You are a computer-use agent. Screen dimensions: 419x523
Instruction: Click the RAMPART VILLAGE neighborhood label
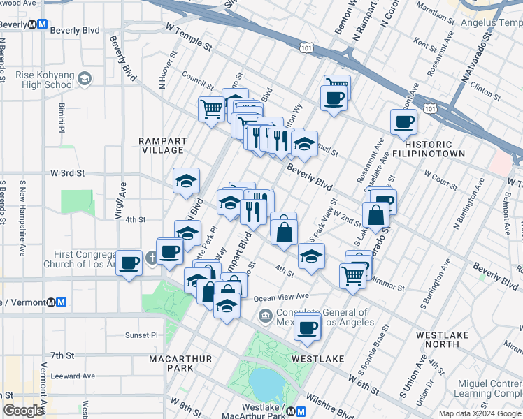[162, 145]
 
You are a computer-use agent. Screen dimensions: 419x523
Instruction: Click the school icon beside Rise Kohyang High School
[85, 78]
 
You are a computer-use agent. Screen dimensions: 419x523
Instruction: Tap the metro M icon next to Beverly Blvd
[42, 24]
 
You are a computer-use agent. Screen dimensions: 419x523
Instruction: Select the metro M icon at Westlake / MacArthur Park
[300, 411]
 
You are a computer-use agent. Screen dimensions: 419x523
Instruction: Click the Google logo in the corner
[23, 411]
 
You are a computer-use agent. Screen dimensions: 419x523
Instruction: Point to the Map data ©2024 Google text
[480, 413]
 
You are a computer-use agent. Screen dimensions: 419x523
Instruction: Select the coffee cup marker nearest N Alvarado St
[403, 122]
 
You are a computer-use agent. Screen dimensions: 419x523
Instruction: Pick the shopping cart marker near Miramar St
[353, 274]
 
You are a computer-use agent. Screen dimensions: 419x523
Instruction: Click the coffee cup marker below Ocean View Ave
[306, 326]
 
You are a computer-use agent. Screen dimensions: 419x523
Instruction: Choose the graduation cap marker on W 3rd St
[186, 180]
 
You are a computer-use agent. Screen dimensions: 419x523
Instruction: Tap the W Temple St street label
[188, 45]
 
